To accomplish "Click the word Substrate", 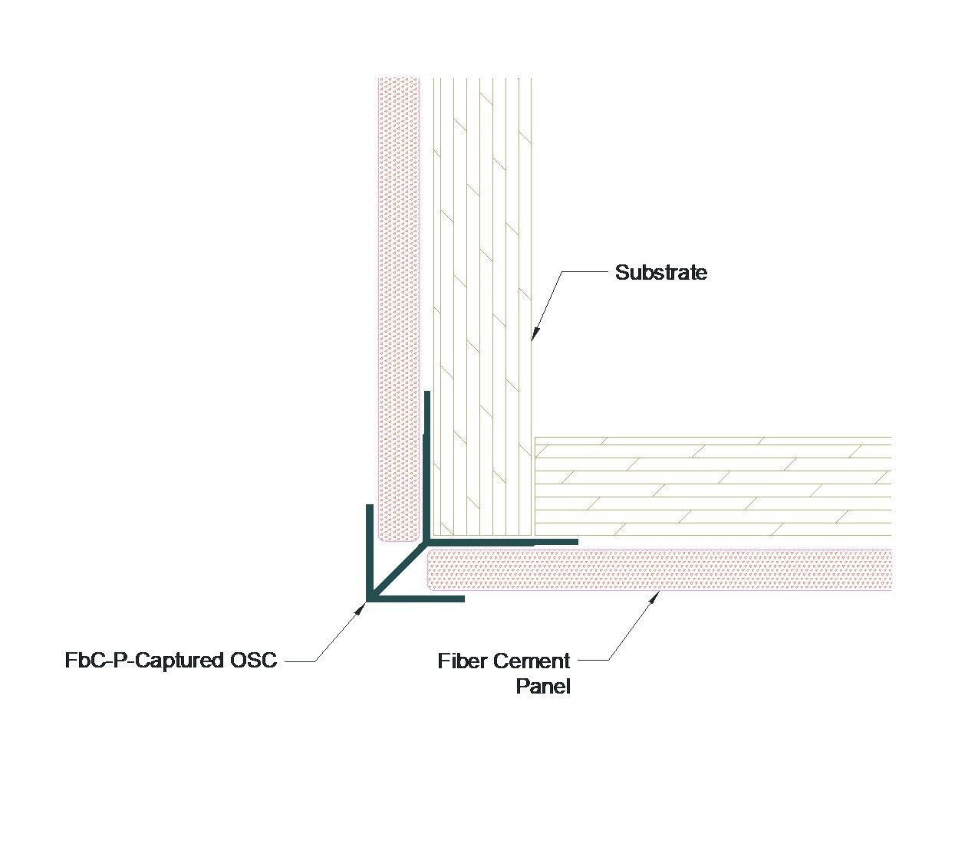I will tap(661, 273).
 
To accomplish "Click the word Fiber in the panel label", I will tap(463, 661).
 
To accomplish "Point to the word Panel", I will tap(543, 686).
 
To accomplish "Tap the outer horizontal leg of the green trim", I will tap(418, 598).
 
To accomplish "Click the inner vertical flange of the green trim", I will tap(427, 460).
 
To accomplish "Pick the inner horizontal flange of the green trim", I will tap(506, 541).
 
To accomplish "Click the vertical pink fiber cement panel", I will tap(399, 307).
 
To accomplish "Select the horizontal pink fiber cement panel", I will tap(660, 570).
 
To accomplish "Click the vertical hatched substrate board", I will tap(482, 307).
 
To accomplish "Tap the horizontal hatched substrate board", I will tap(713, 486).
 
